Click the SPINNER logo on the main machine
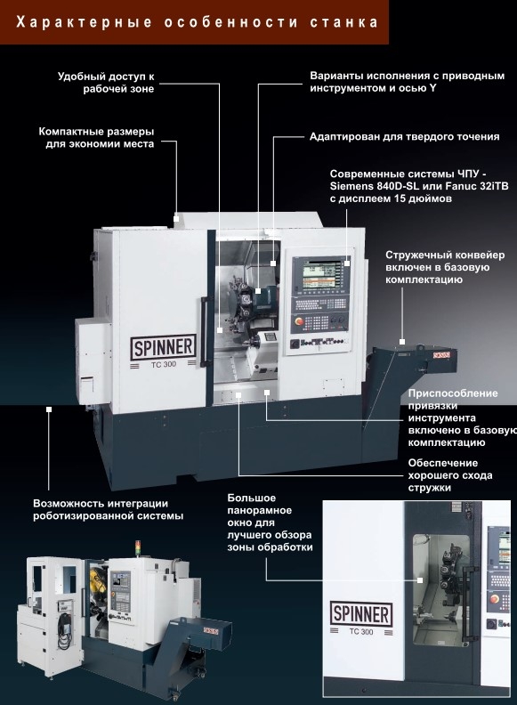(x=164, y=347)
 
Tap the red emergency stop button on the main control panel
(x=298, y=321)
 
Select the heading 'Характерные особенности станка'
(x=197, y=22)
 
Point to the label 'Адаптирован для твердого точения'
(x=405, y=137)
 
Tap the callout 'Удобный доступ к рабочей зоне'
(x=106, y=82)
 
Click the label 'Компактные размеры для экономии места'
(x=96, y=138)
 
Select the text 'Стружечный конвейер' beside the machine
(x=445, y=255)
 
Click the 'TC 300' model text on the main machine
(x=164, y=365)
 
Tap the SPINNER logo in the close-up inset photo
(x=361, y=613)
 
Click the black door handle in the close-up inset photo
(x=471, y=604)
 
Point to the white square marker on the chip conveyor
(x=402, y=342)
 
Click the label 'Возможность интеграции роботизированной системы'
(x=108, y=509)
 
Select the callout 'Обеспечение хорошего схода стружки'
(x=450, y=475)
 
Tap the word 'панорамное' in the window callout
(x=260, y=510)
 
